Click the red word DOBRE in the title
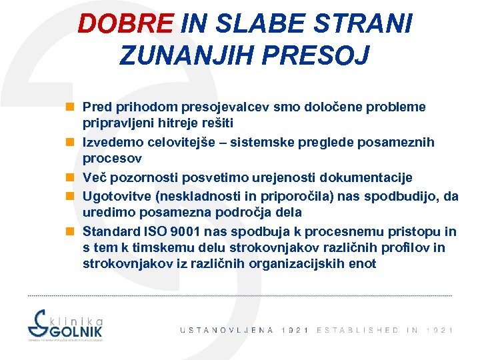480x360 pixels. [125, 24]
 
